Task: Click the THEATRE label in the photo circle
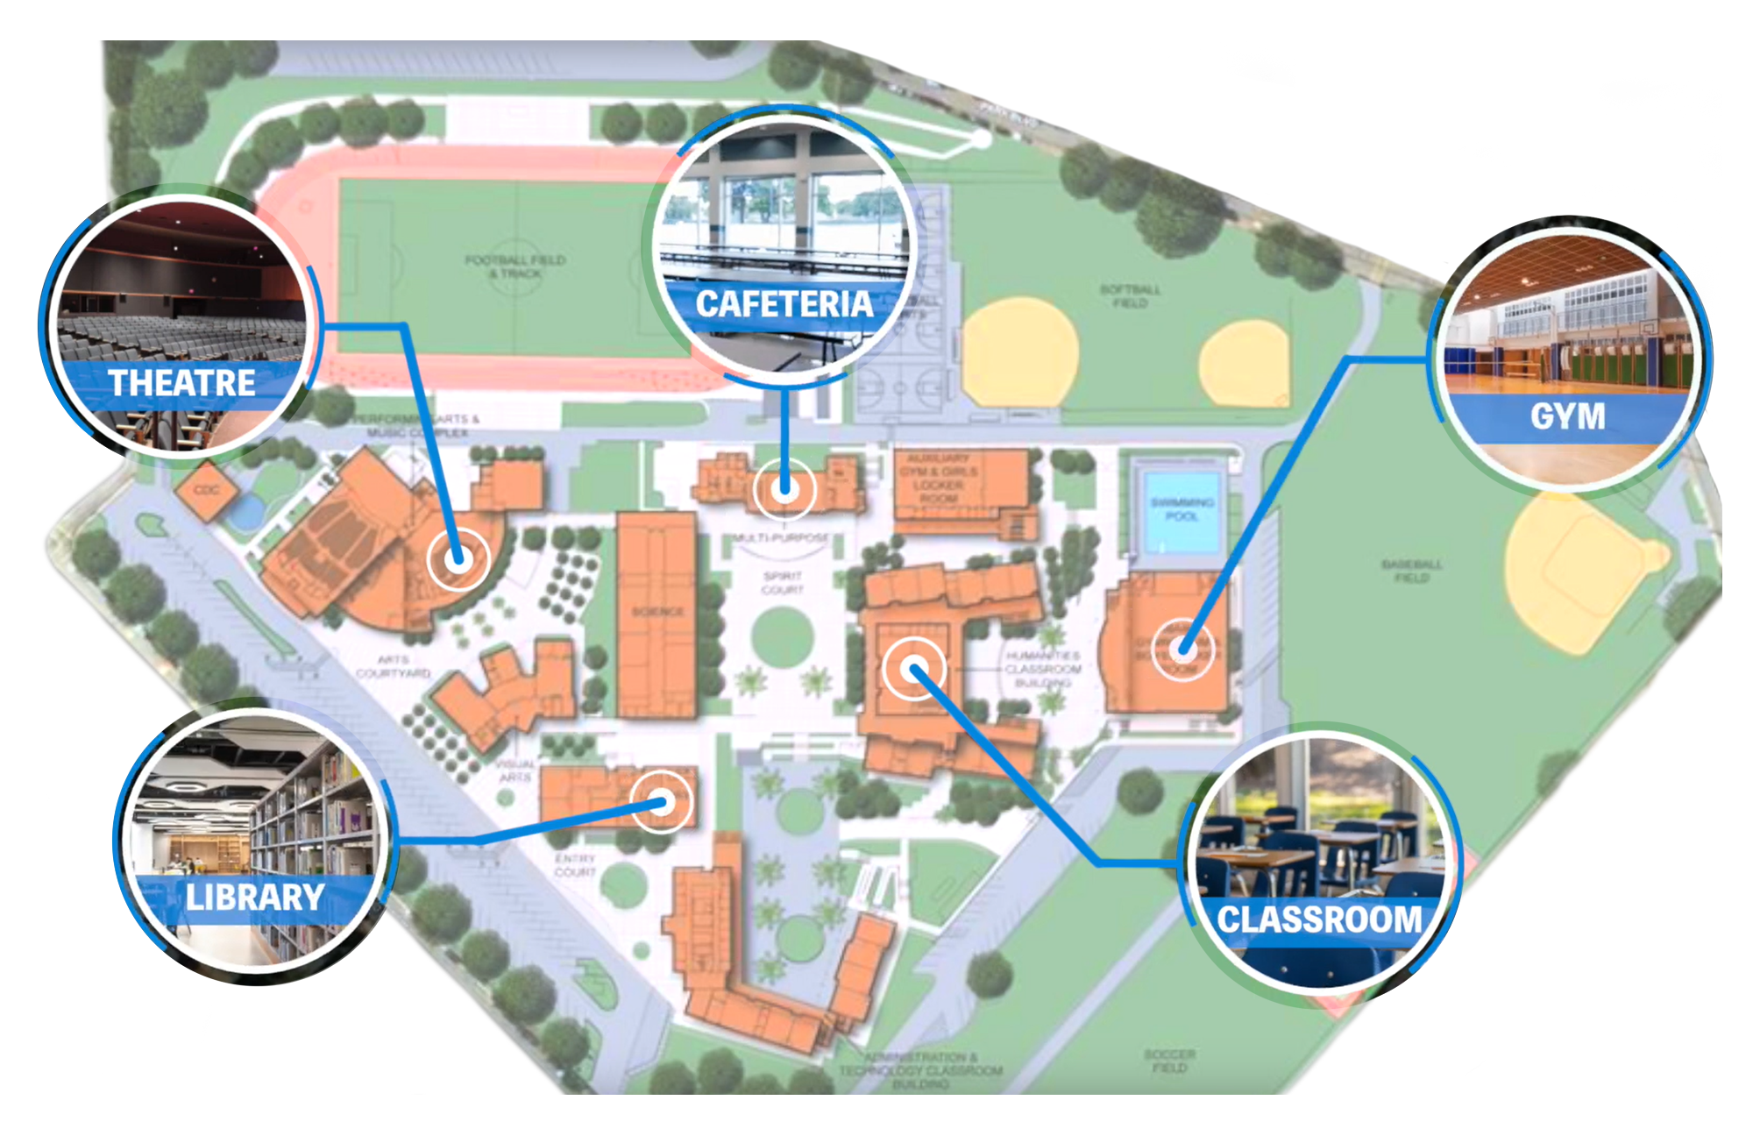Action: tap(181, 383)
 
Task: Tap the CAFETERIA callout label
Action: tap(784, 304)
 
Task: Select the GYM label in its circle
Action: tap(1567, 416)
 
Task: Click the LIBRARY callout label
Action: tap(255, 898)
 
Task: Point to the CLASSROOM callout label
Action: tap(1319, 919)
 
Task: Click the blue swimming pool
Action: tap(1181, 509)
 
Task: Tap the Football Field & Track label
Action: tap(515, 266)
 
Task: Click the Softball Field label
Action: tap(1130, 295)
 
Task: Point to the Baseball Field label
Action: tap(1411, 571)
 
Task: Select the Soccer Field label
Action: tap(1169, 1061)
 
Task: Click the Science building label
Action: tap(657, 611)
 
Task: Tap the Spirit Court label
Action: tap(782, 583)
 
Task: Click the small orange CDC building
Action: tap(207, 490)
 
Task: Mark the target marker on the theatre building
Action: tap(458, 558)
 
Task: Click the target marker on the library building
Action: tap(662, 802)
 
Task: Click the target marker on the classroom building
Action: tap(914, 670)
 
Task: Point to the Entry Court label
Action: tap(575, 865)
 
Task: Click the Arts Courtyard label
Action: tap(393, 666)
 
